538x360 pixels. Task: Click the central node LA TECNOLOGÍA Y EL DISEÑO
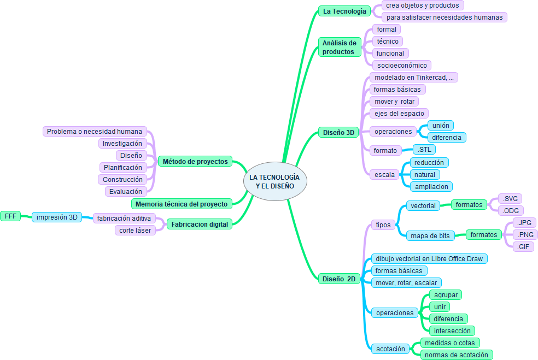[274, 182]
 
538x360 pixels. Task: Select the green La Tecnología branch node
[344, 11]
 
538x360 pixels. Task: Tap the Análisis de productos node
[339, 47]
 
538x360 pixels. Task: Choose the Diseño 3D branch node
[338, 132]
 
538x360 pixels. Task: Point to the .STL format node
[424, 150]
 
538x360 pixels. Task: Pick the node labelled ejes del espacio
[399, 114]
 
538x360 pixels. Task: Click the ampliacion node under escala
[431, 187]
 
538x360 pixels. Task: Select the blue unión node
[440, 126]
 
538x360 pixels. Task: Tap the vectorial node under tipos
[423, 206]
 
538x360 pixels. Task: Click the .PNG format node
[525, 235]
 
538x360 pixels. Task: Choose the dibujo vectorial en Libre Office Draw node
[428, 259]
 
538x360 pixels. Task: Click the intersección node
[452, 331]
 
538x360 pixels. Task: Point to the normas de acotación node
[457, 355]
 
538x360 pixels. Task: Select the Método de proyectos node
[195, 162]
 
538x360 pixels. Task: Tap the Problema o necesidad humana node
[95, 132]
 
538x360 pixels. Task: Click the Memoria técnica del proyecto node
[182, 204]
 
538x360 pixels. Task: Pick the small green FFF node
[10, 216]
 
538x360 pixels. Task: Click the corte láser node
[135, 231]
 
